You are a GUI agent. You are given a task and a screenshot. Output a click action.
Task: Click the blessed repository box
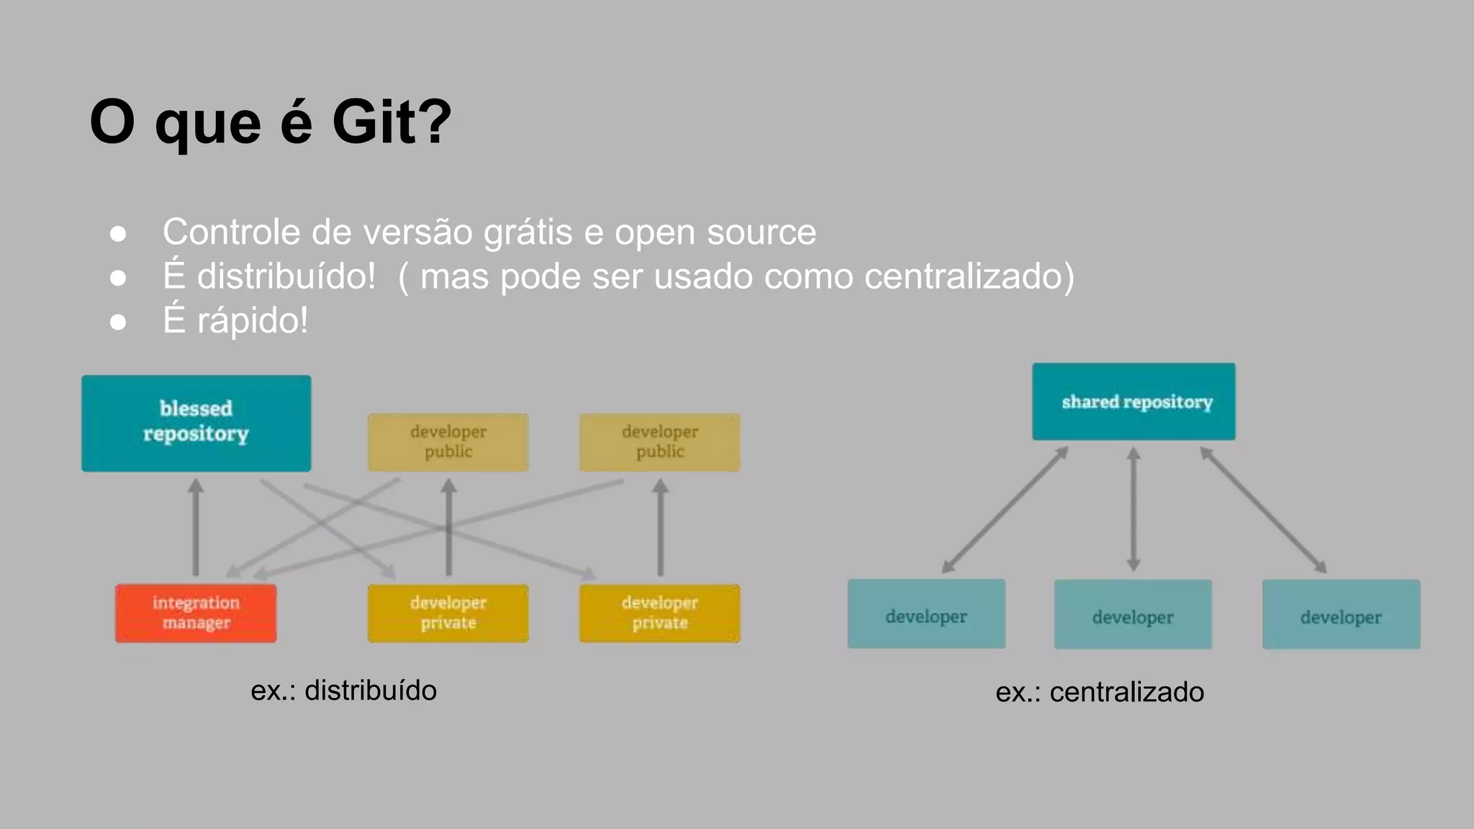[x=196, y=423]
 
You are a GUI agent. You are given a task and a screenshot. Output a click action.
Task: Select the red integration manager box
[x=196, y=613]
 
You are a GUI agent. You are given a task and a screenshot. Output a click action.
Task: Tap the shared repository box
[x=1134, y=402]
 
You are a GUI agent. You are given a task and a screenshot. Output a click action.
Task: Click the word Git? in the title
[x=392, y=122]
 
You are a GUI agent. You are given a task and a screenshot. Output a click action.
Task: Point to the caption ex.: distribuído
[x=343, y=691]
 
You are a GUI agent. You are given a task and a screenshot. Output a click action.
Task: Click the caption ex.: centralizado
[x=1099, y=692]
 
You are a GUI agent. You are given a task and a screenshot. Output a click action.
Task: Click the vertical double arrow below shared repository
[x=1134, y=509]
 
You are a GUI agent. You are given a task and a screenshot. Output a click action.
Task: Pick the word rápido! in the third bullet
[x=253, y=320]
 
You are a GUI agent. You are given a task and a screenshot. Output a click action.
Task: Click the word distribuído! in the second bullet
[x=286, y=276]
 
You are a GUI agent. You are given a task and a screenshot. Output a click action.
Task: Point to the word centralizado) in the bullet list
[x=969, y=276]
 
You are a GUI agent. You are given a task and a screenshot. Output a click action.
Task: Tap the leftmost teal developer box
[x=926, y=614]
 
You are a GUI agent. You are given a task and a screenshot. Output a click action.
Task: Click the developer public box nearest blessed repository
[x=448, y=442]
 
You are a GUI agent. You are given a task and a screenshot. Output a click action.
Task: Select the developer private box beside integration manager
[x=448, y=613]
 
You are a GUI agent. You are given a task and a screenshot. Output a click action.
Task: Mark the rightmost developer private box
[x=659, y=613]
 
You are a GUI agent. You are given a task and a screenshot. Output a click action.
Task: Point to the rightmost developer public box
[x=659, y=442]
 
